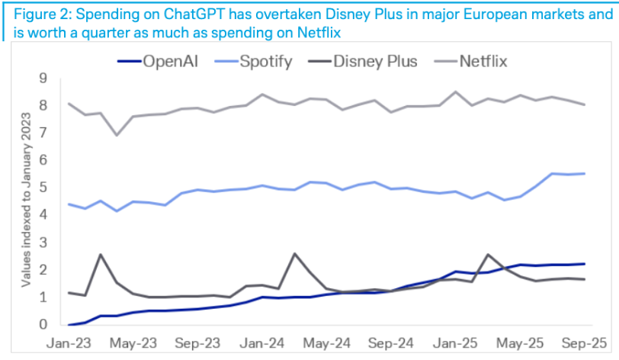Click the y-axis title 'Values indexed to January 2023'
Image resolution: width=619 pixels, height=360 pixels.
pyautogui.click(x=27, y=201)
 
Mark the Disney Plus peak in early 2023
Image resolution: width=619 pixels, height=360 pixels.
pyautogui.click(x=101, y=255)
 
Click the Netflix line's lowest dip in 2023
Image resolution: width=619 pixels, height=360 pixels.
pyautogui.click(x=116, y=135)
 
